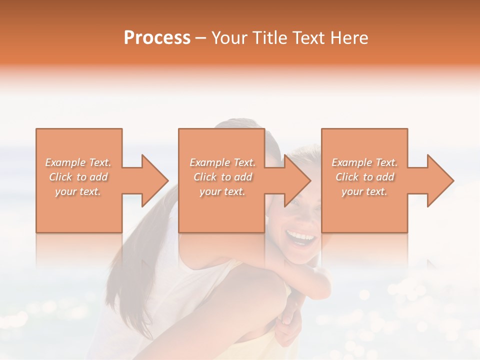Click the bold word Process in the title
click(157, 38)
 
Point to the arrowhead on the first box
click(155, 180)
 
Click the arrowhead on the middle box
click(297, 180)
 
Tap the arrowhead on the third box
click(440, 180)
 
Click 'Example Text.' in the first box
click(78, 162)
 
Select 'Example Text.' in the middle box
click(222, 162)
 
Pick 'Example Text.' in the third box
click(364, 162)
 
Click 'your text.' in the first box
click(78, 191)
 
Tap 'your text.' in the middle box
click(222, 191)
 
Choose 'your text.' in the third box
click(364, 191)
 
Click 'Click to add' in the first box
click(78, 177)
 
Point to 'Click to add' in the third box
click(364, 177)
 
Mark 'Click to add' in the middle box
click(222, 177)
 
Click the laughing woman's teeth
click(300, 235)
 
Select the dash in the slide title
click(200, 38)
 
